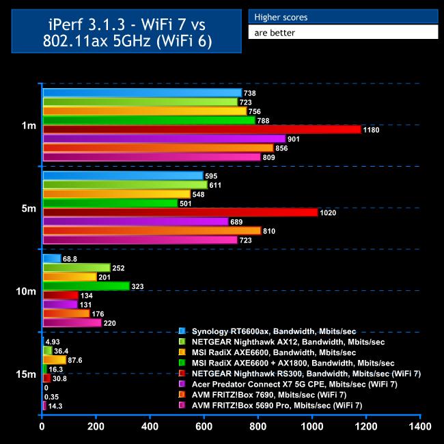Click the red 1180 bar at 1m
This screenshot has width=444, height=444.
tap(202, 129)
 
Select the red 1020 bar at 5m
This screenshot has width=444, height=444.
tap(180, 212)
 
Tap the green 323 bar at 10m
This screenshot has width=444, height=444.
tap(86, 286)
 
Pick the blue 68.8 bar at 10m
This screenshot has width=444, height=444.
tap(52, 258)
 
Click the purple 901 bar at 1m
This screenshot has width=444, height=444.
tap(164, 139)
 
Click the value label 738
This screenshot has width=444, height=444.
tap(250, 93)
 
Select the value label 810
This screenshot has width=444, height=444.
tap(268, 231)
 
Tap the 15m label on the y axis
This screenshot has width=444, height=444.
tap(27, 374)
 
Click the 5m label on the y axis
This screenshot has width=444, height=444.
tap(29, 208)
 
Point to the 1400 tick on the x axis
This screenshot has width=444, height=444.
tap(419, 427)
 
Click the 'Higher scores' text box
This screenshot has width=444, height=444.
tap(342, 17)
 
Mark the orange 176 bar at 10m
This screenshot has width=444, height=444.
tap(66, 314)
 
